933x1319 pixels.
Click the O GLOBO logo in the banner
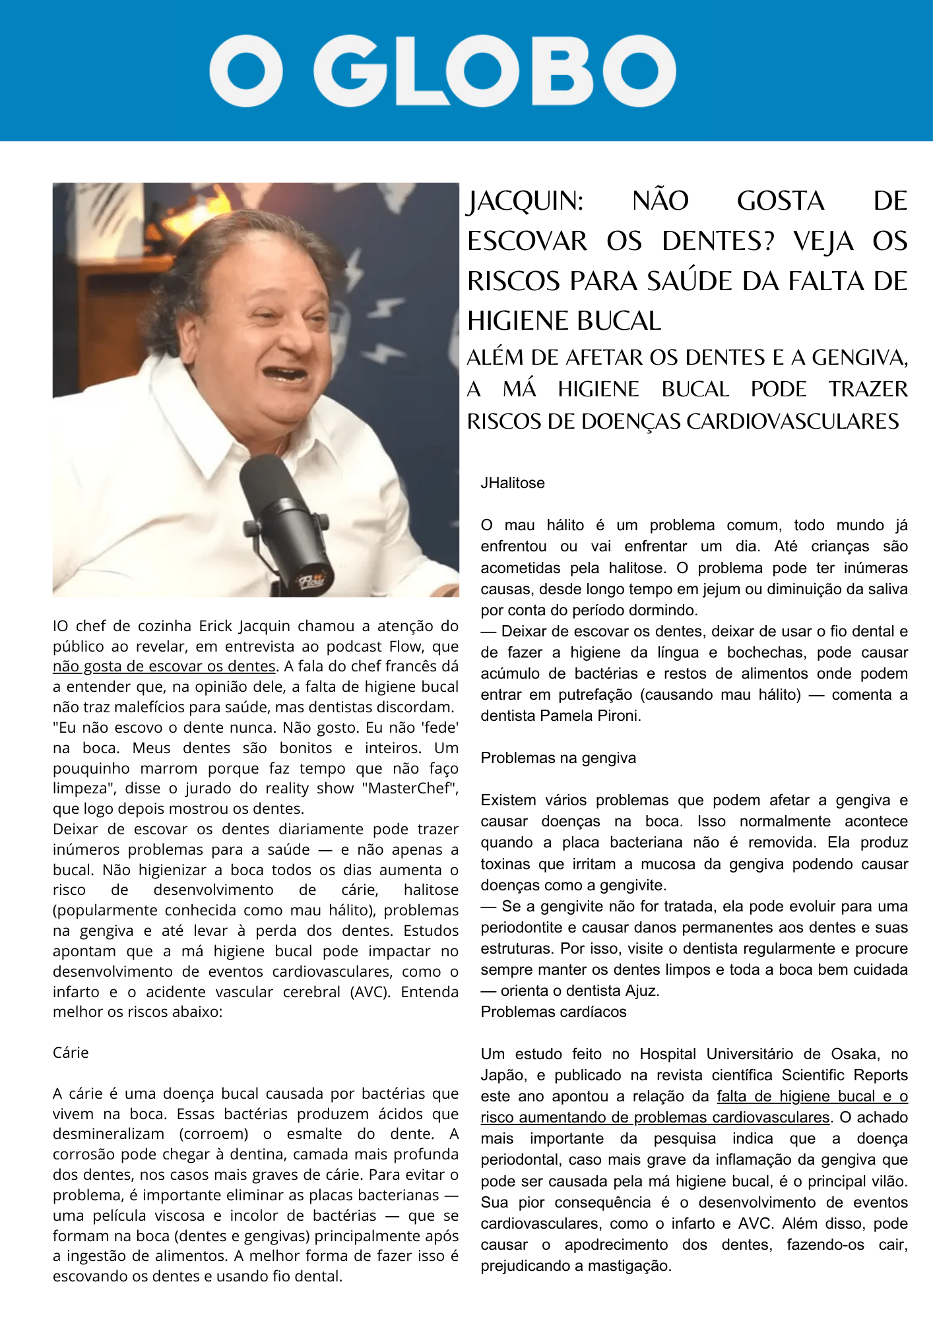442,71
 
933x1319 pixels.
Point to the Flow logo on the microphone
312,581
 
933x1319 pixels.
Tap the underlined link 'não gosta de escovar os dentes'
164,667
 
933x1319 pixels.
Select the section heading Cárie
71,1053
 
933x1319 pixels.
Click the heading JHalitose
513,483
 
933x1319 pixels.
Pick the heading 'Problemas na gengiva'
558,758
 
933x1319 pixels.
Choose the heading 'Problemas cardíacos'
554,1012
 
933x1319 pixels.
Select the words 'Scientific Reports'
845,1075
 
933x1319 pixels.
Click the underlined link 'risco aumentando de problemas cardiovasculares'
655,1117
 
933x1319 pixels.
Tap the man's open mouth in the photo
286,375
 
